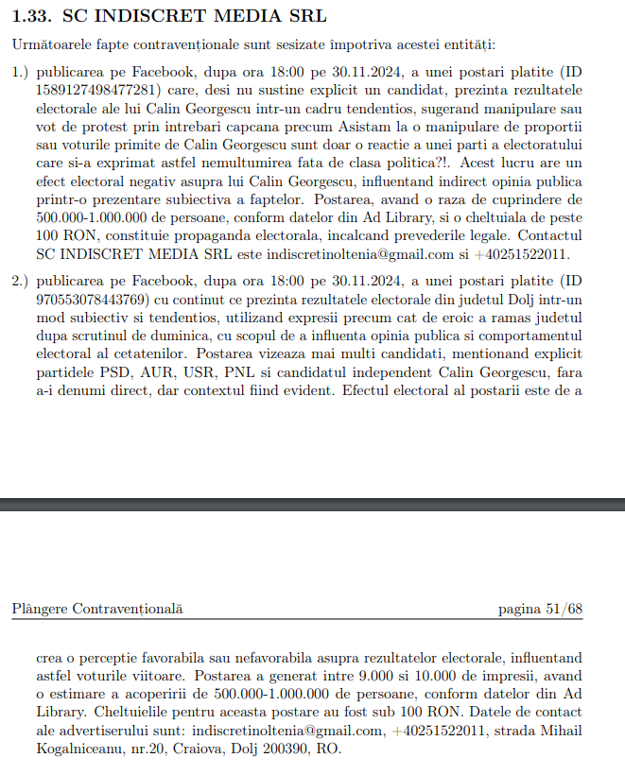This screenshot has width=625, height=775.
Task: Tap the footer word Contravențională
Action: [x=129, y=610]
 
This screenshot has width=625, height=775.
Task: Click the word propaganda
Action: [x=193, y=230]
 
